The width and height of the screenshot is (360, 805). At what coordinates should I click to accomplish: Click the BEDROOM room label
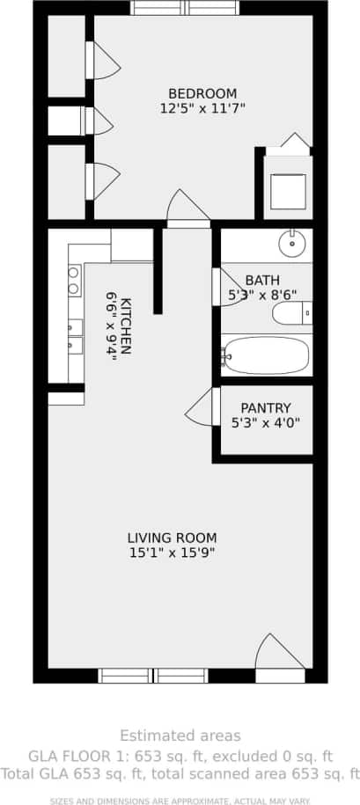pyautogui.click(x=202, y=94)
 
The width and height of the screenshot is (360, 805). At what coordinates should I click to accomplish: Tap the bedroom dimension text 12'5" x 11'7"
pyautogui.click(x=202, y=109)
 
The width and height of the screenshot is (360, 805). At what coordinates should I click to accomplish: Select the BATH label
pyautogui.click(x=263, y=281)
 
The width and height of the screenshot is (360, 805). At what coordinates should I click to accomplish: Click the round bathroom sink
pyautogui.click(x=290, y=241)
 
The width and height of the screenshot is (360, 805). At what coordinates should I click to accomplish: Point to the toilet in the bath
pyautogui.click(x=290, y=313)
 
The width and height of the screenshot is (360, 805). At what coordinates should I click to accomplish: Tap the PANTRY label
pyautogui.click(x=265, y=408)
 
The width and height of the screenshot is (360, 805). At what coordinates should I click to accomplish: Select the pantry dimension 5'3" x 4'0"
pyautogui.click(x=265, y=422)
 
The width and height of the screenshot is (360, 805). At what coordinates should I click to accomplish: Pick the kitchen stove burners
pyautogui.click(x=74, y=281)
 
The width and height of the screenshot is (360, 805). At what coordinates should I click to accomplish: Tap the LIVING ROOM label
pyautogui.click(x=172, y=538)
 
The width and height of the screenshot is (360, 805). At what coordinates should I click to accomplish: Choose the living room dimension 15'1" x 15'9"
pyautogui.click(x=172, y=553)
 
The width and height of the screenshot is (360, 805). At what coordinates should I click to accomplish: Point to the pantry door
pyautogui.click(x=202, y=406)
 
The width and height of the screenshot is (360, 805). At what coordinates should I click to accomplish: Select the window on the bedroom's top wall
pyautogui.click(x=185, y=8)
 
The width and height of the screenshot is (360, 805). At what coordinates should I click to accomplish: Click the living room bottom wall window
pyautogui.click(x=153, y=676)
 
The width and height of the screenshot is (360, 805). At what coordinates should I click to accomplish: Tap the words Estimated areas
pyautogui.click(x=180, y=735)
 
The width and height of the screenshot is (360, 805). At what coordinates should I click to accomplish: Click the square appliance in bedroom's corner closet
pyautogui.click(x=288, y=191)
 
